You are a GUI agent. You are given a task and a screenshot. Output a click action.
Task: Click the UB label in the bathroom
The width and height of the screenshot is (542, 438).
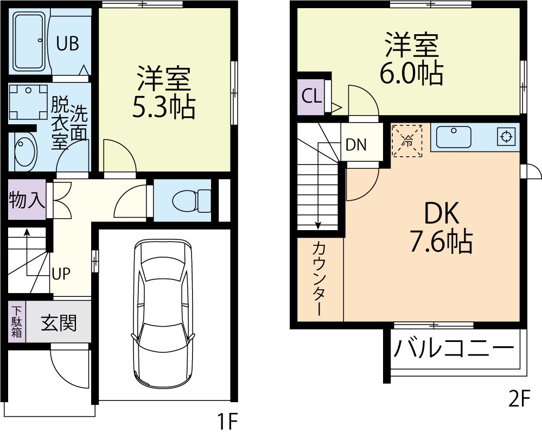pyautogui.click(x=68, y=43)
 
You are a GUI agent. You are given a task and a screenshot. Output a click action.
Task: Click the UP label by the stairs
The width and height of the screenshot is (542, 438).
pyautogui.click(x=61, y=273)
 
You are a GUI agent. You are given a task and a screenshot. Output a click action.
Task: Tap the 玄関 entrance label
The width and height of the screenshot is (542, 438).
pyautogui.click(x=59, y=323)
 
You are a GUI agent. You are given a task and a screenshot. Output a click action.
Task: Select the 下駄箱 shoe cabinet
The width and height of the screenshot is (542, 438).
pyautogui.click(x=17, y=322)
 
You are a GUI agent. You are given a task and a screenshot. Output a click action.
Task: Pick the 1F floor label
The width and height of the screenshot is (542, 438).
pyautogui.click(x=228, y=421)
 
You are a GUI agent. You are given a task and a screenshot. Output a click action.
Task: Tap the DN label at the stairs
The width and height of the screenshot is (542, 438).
pyautogui.click(x=356, y=145)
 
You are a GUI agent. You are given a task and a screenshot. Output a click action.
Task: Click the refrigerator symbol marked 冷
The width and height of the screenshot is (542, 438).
pyautogui.click(x=407, y=141)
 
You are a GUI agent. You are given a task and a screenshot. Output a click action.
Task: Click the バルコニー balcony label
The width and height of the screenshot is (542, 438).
pyautogui.click(x=452, y=348)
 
